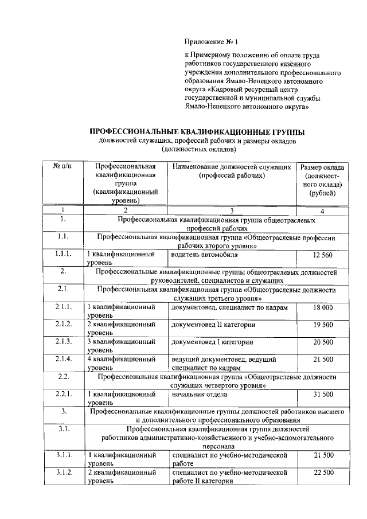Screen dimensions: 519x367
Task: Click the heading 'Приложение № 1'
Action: (210, 42)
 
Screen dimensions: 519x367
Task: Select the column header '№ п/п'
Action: (63, 166)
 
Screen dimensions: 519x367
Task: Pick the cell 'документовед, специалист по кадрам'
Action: (229, 308)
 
